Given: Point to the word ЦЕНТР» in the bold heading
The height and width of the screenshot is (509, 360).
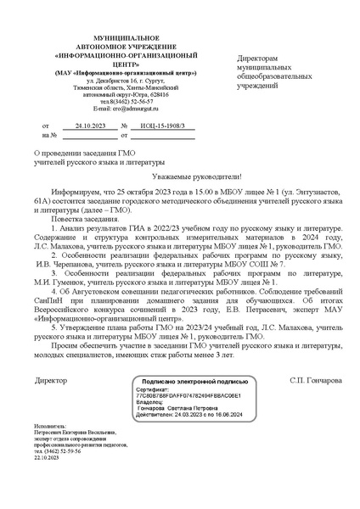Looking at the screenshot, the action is [94, 63].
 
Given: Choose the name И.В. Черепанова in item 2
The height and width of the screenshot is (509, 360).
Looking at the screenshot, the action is [76, 265].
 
